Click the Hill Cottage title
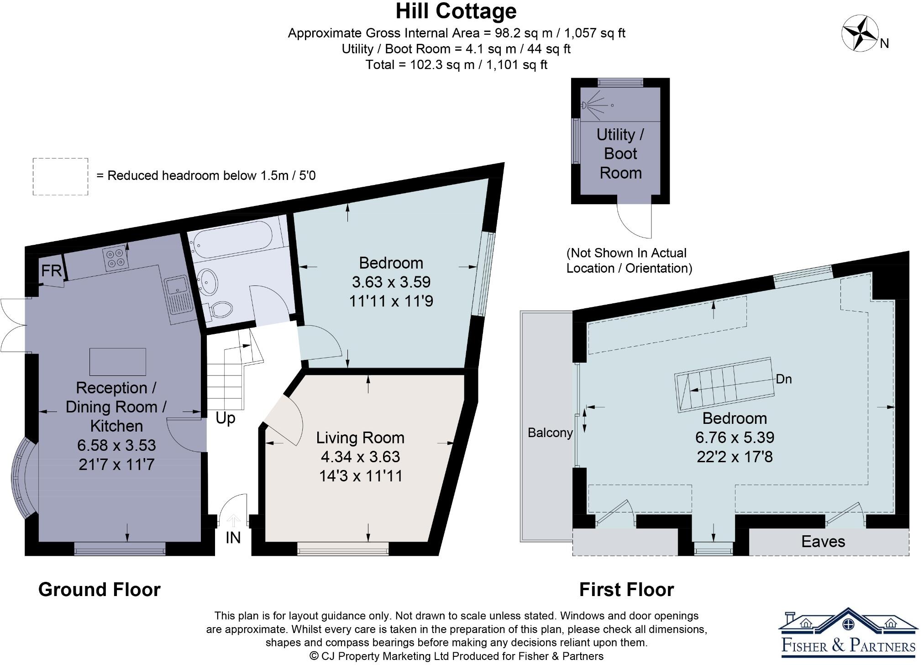(456, 11)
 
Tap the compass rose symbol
(860, 33)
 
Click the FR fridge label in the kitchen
(51, 270)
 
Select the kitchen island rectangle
(118, 362)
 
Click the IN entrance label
(233, 538)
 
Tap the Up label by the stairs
(225, 418)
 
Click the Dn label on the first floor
(783, 379)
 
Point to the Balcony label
(550, 433)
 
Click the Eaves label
(823, 541)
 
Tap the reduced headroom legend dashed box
(60, 177)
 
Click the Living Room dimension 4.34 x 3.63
(360, 456)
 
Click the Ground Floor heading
(99, 590)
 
